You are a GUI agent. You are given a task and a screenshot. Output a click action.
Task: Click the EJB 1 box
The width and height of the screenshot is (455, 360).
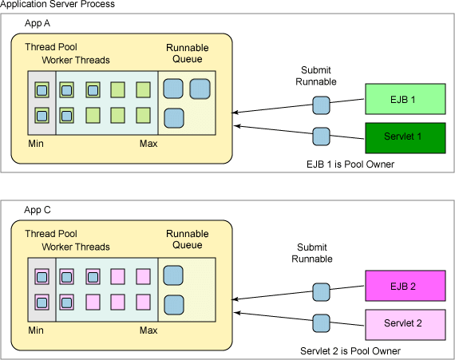[x=406, y=99]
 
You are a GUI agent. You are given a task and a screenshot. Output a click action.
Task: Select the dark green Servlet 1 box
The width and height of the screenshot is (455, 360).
[x=406, y=138]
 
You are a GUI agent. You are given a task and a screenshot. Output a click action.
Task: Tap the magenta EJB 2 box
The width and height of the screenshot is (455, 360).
[x=406, y=286]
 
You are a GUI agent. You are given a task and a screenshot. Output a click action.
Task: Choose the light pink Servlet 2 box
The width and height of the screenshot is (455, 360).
[x=406, y=325]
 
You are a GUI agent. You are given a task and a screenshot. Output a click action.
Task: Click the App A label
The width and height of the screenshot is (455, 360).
[x=38, y=23]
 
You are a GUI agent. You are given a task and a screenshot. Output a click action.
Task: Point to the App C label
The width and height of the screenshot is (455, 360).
[x=38, y=210]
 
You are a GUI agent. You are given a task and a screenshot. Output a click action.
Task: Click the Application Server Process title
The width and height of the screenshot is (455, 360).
[x=57, y=4]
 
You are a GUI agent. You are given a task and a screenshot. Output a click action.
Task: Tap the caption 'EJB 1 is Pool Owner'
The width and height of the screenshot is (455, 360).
[x=350, y=164]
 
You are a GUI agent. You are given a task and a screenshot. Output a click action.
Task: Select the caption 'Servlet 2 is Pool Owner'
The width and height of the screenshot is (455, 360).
[x=350, y=351]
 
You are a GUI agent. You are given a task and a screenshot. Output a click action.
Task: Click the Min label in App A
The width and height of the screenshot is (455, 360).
[x=36, y=144]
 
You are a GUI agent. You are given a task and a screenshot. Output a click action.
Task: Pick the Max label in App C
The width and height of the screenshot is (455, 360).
[x=148, y=330]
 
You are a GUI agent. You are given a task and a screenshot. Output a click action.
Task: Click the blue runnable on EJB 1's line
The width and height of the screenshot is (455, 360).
[x=321, y=105]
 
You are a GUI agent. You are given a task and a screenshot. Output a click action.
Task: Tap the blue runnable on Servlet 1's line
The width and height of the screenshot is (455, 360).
[x=321, y=136]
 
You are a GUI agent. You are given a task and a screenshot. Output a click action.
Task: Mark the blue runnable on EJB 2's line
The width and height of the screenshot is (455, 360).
[x=321, y=292]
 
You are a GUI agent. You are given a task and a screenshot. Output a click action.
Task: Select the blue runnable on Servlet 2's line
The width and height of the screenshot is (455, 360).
[x=321, y=323]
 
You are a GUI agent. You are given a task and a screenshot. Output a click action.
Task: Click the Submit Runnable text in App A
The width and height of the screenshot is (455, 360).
[x=316, y=76]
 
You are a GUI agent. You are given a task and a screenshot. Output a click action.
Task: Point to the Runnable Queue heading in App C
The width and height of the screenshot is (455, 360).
[x=187, y=239]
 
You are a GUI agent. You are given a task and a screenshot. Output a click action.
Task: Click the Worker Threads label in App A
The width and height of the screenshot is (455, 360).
[x=76, y=60]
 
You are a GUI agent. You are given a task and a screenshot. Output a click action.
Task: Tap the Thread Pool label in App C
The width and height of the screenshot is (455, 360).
[x=51, y=234]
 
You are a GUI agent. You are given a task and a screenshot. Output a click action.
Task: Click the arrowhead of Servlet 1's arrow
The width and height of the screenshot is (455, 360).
[x=235, y=126]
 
